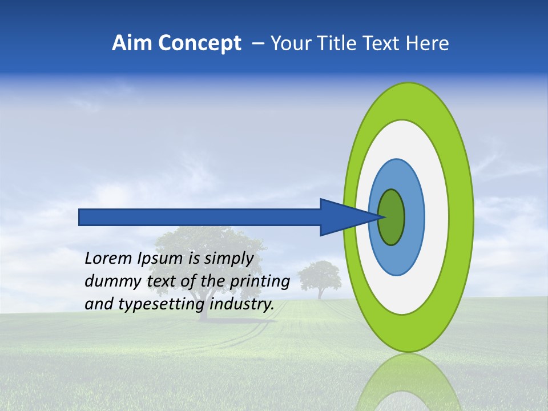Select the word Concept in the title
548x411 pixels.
tap(199, 43)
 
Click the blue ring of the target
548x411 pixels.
tap(414, 217)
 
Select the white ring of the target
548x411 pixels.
tap(436, 217)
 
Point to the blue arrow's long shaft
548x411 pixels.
tap(200, 217)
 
